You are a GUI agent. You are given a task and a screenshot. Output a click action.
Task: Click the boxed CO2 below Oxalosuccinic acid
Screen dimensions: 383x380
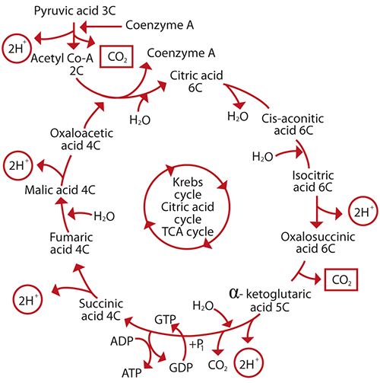click(x=340, y=281)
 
